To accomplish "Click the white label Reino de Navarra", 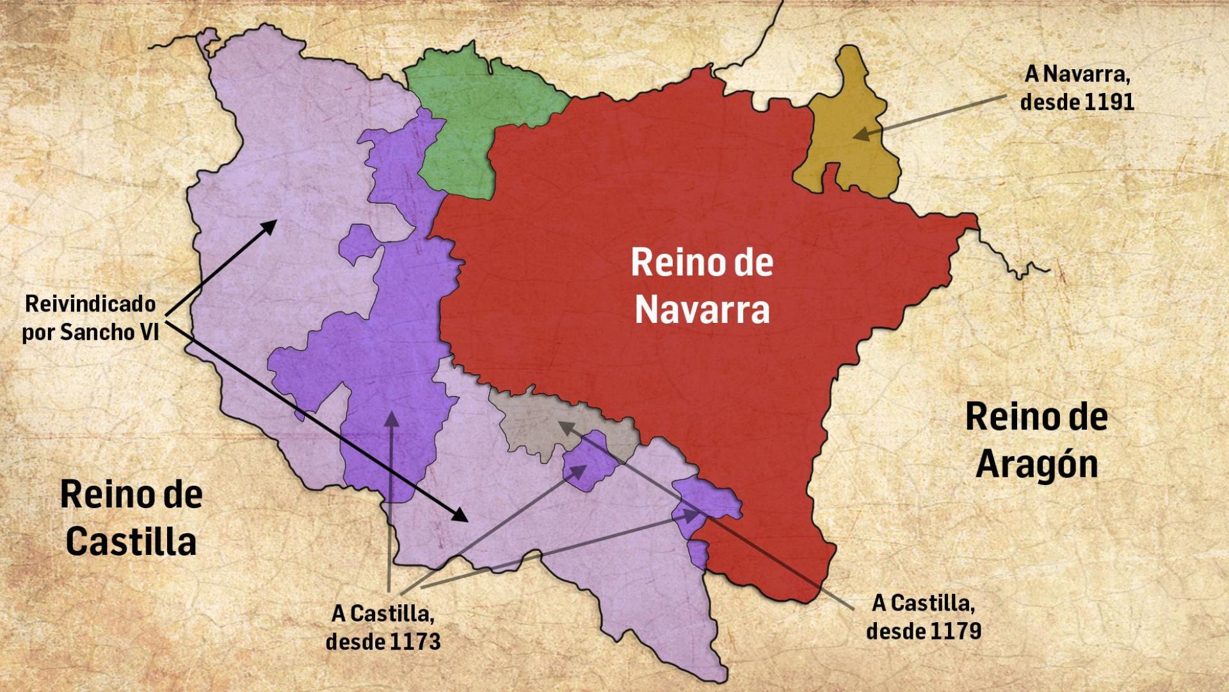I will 702,286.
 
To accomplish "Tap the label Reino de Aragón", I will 1036,440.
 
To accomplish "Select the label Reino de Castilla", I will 131,518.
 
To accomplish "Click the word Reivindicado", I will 90,304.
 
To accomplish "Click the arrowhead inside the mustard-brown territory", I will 861,135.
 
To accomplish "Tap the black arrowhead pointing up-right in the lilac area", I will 269,226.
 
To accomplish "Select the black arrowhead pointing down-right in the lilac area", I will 460,515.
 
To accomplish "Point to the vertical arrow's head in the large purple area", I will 391,420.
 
